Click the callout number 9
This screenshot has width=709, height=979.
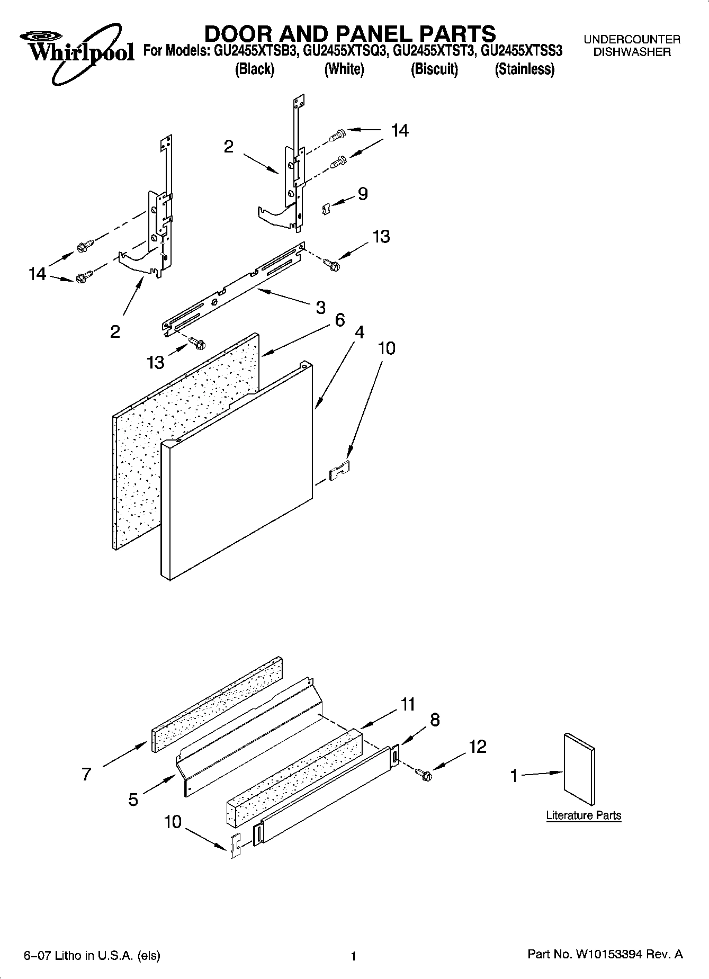(363, 194)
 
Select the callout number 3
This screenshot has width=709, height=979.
(320, 307)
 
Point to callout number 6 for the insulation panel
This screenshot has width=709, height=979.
(339, 319)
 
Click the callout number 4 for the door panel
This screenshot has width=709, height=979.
(360, 332)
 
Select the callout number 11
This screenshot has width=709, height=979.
(408, 704)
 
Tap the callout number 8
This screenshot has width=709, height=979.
(434, 720)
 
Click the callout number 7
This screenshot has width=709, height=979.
(87, 774)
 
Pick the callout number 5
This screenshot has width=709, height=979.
(133, 799)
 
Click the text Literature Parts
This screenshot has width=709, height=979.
(584, 815)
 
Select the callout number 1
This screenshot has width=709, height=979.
(513, 776)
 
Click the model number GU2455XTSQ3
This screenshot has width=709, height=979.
(344, 51)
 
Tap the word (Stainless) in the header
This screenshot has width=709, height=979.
(524, 69)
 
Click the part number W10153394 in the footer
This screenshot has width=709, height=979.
(609, 954)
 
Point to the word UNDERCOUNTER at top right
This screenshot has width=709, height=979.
(632, 39)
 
